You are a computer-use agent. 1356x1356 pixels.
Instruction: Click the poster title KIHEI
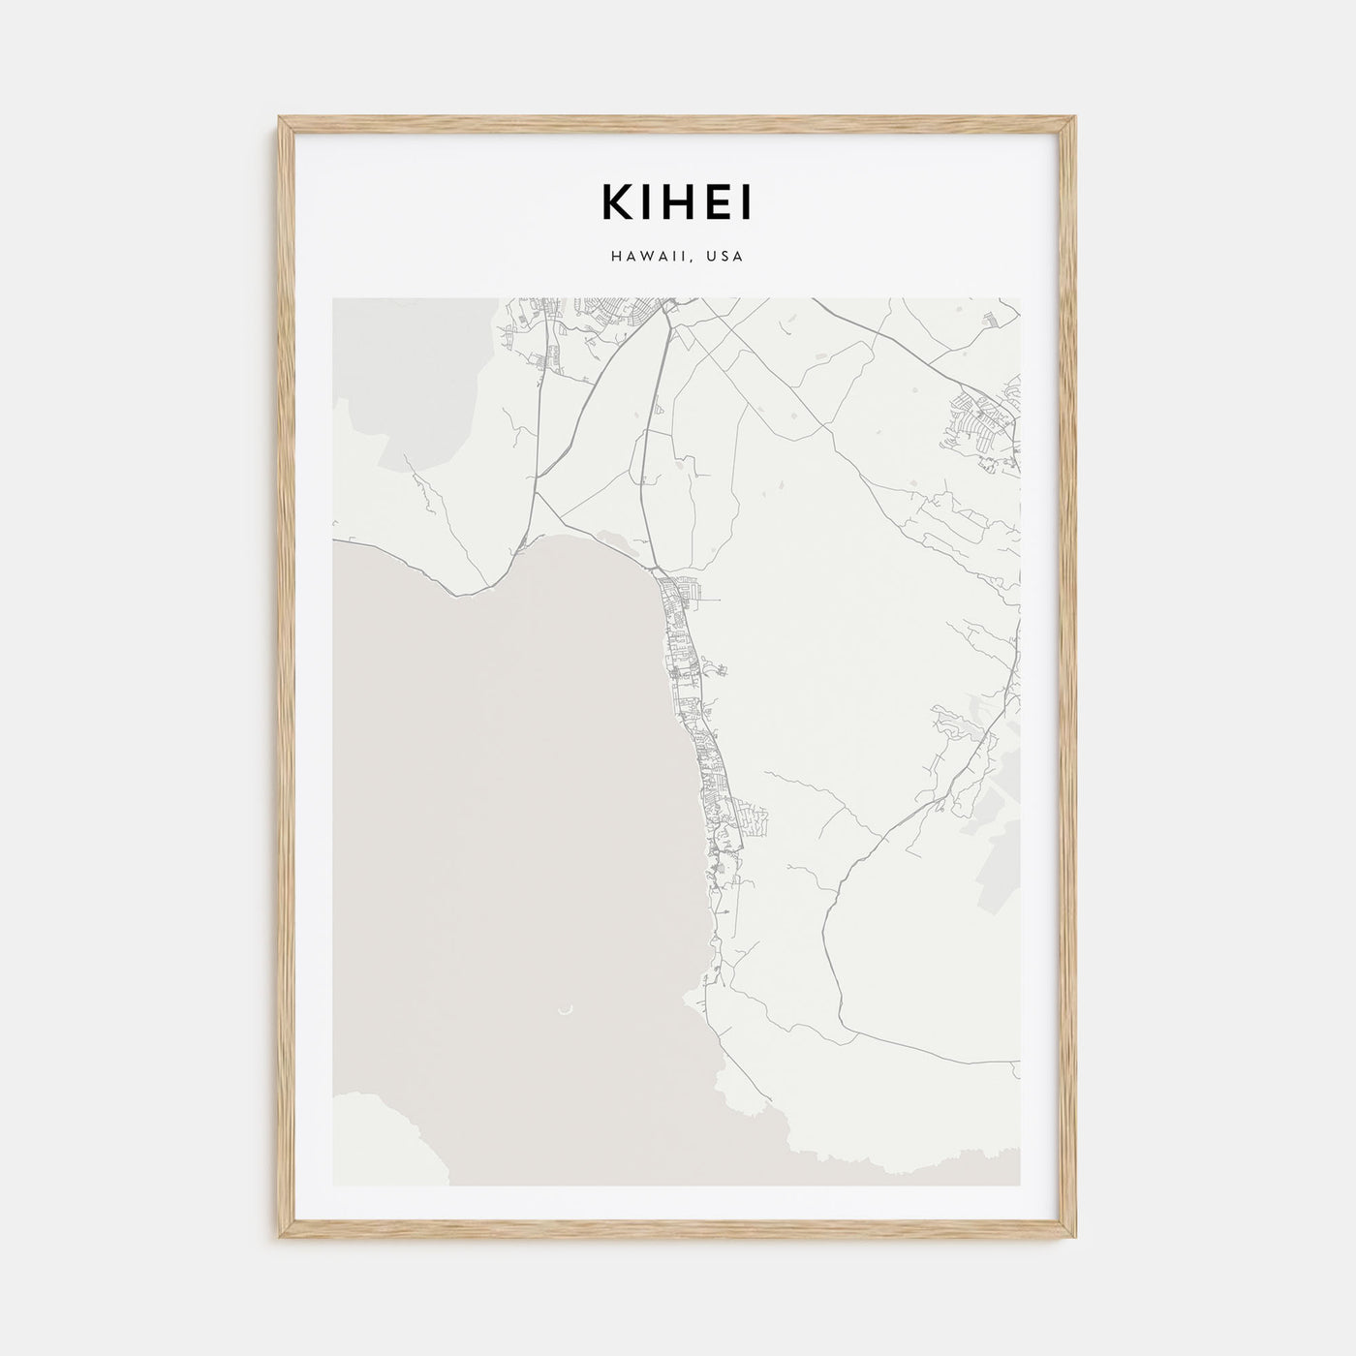[678, 202]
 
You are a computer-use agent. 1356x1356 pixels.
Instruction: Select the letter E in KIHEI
[718, 202]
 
